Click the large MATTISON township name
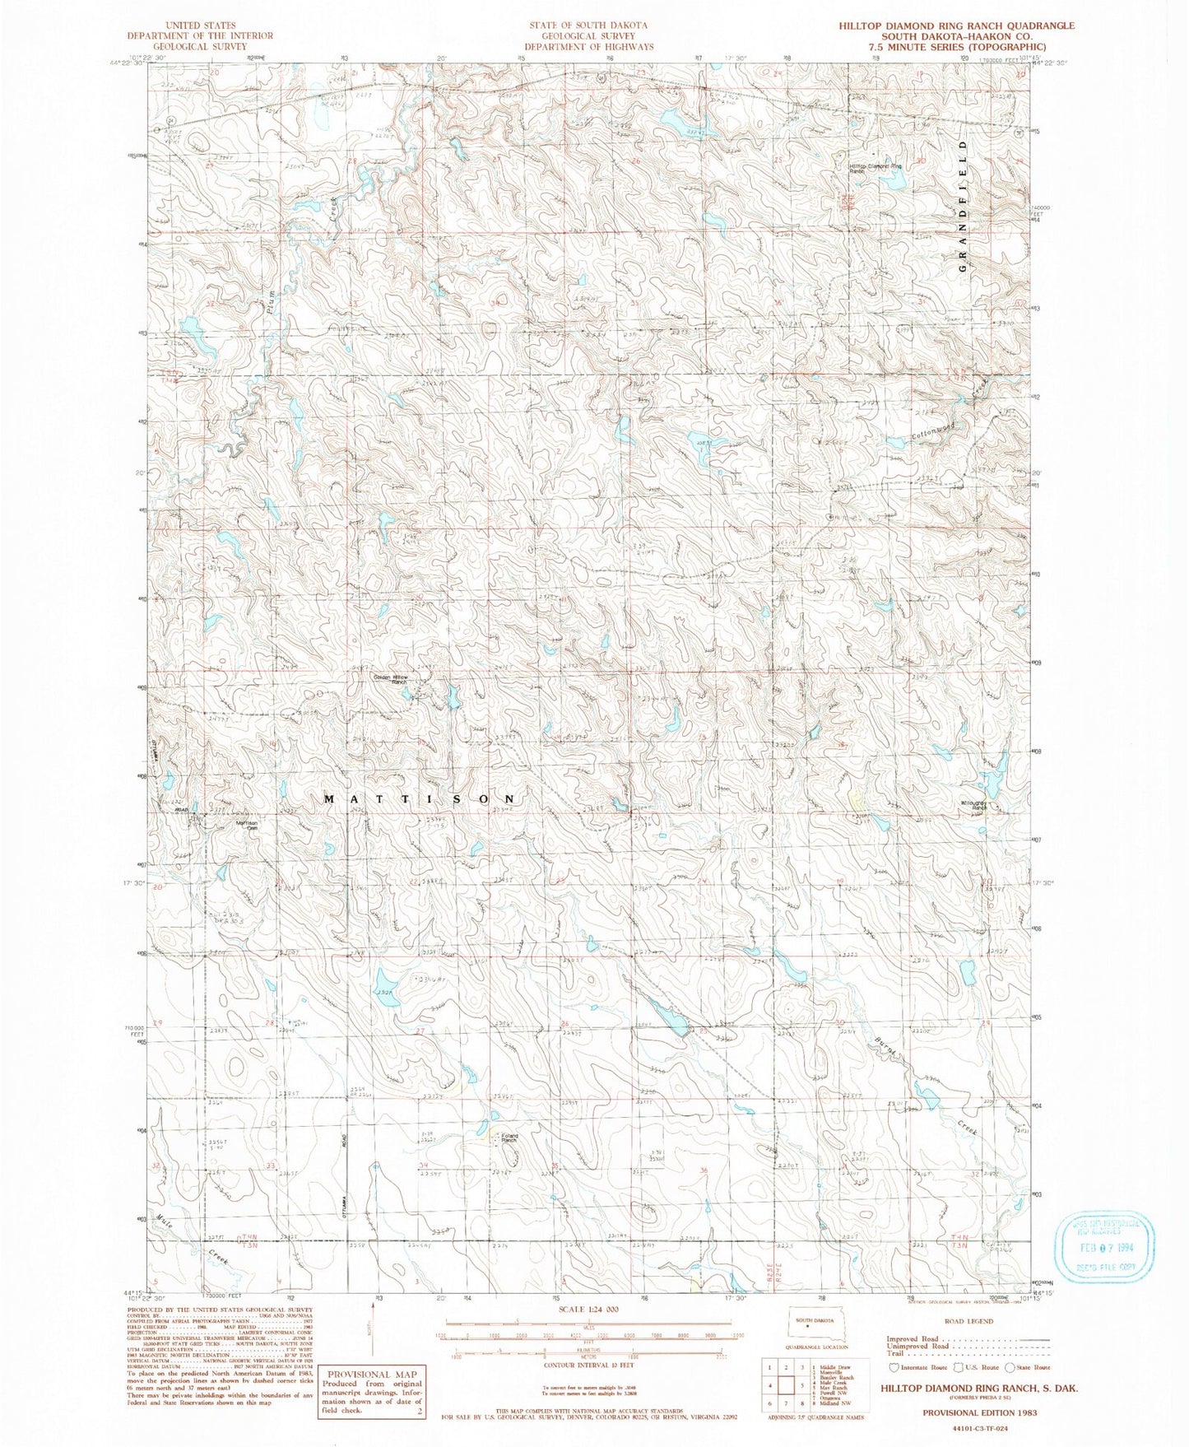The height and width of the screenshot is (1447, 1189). point(420,799)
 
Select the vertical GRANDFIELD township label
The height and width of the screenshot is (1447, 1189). point(961,206)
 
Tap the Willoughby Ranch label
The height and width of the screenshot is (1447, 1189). point(973,807)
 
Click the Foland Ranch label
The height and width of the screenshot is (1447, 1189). point(509,1139)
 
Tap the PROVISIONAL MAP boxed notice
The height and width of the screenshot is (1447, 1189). point(373,1391)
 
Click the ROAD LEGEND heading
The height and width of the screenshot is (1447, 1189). point(968,1321)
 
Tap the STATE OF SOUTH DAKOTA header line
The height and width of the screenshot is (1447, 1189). point(588,26)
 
